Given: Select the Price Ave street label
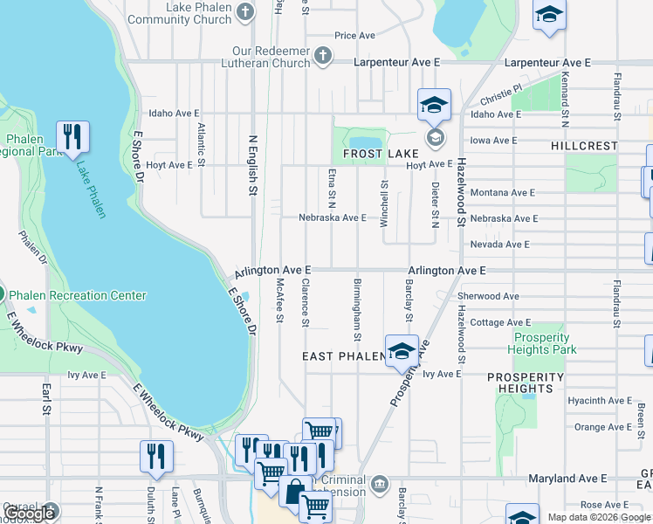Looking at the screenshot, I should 354,36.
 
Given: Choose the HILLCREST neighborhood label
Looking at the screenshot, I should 584,146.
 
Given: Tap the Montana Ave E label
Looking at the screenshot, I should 502,192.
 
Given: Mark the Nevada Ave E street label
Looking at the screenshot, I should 499,245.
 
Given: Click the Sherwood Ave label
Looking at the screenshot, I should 488,296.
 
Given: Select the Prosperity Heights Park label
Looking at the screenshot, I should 545,343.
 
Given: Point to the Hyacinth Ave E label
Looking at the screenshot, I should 598,401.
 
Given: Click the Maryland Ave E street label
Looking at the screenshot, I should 567,479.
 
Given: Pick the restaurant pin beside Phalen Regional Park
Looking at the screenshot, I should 72,136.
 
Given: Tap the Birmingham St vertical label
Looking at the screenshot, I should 357,310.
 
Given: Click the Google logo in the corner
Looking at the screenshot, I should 30,514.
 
